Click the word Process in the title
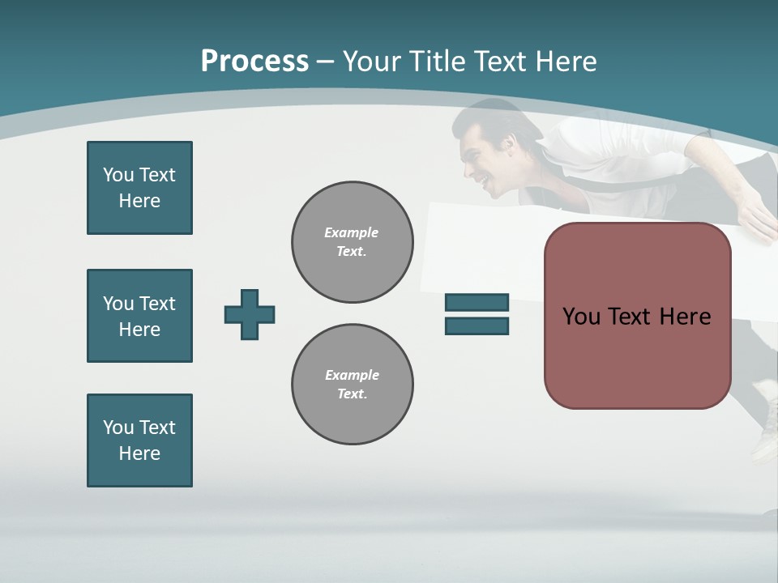(254, 62)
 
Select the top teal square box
(139, 188)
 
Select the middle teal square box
(139, 316)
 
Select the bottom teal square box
(139, 440)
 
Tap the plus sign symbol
(250, 314)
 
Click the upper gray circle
(352, 242)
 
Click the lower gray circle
(352, 385)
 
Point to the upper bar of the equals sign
(477, 303)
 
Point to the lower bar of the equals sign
(477, 326)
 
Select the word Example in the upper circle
(351, 232)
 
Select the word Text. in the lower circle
(352, 394)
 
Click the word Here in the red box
(685, 317)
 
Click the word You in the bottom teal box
(118, 428)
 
